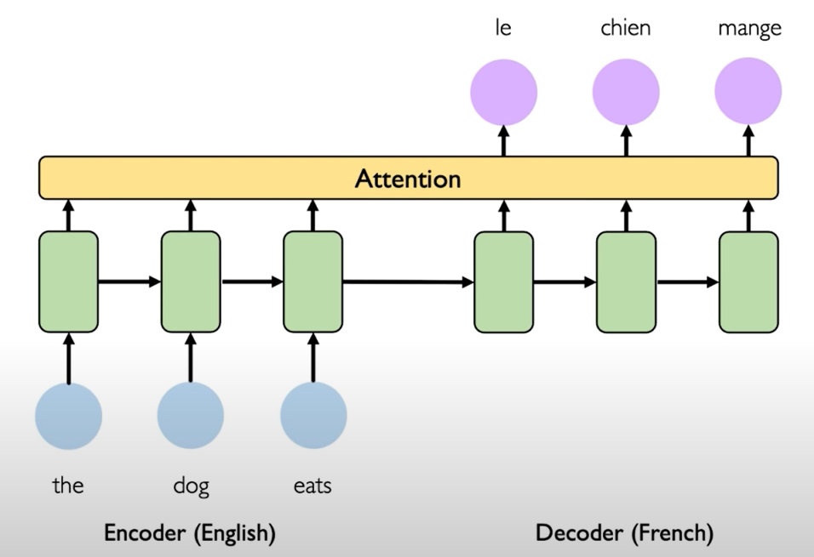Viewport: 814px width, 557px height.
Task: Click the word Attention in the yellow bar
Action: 408,179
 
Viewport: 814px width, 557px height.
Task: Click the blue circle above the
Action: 69,416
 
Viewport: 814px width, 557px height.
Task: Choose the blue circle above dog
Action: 191,416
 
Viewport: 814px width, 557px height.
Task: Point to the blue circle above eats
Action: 313,416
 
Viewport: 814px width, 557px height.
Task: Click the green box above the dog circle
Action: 191,281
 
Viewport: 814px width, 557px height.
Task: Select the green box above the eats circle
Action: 312,281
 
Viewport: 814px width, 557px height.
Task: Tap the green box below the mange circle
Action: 748,281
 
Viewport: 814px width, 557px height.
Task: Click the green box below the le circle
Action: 503,281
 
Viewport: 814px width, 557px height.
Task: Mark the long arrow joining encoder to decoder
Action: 408,281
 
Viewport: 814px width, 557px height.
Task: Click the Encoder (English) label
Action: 189,533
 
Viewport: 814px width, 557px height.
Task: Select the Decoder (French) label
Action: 624,533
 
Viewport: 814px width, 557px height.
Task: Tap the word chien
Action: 626,29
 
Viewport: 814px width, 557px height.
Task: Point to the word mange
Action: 748,30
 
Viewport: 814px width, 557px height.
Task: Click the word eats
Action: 312,486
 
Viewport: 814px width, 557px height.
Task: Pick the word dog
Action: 191,487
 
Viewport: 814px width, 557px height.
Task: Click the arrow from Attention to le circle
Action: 503,140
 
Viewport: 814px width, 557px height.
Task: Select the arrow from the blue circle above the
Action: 69,357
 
